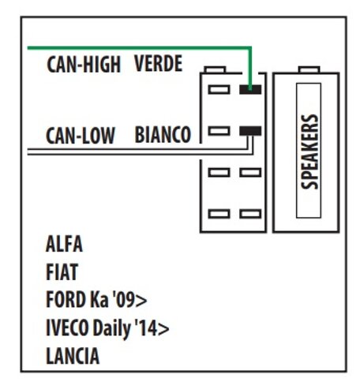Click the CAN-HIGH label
coord(84,64)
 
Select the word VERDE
coord(158,63)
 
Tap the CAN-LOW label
coord(81,136)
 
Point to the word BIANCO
coord(163,134)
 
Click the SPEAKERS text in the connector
coord(309,151)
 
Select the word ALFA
coord(64,244)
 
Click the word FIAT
coord(62,272)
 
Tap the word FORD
coord(66,300)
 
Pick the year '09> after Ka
coord(129,300)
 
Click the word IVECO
coord(67,327)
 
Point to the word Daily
coord(112,329)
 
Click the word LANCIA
coord(73,356)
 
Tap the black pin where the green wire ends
coord(250,89)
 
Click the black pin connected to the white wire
coord(250,131)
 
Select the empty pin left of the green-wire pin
coord(219,89)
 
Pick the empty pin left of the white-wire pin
coord(219,131)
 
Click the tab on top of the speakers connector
coord(309,69)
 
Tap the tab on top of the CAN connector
coord(215,69)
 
